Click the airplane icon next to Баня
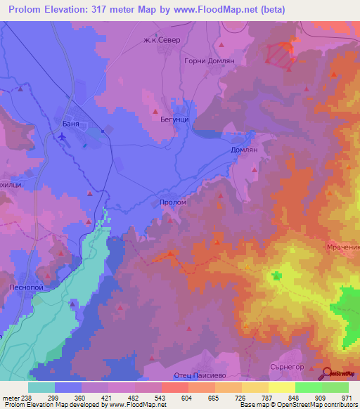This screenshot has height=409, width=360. click(x=63, y=135)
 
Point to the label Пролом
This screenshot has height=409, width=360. click(x=173, y=202)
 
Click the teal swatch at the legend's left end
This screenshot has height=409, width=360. click(x=41, y=387)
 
